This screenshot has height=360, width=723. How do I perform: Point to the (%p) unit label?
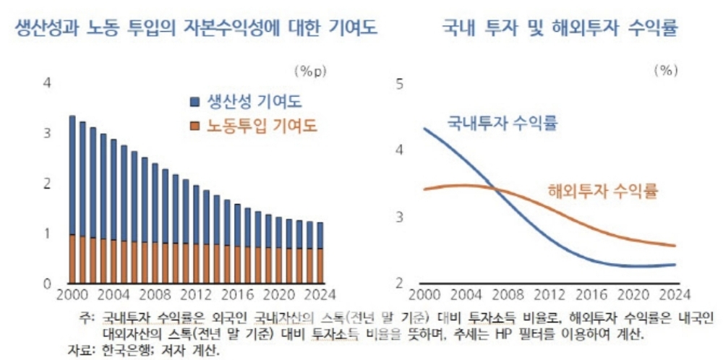tap(311, 71)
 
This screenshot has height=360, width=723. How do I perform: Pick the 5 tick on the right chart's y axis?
tap(399, 84)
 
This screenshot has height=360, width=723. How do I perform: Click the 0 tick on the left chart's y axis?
tap(48, 283)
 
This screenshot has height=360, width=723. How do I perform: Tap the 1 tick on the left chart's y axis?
tap(48, 233)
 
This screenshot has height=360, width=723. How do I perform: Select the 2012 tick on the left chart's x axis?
tap(196, 296)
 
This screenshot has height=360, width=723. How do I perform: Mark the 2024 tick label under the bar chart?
tap(320, 296)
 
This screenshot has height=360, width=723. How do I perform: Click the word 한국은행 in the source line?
tap(130, 349)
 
